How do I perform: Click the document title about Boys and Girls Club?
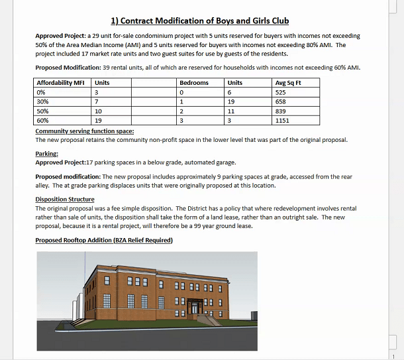click(x=200, y=21)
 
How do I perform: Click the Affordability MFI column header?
click(x=60, y=83)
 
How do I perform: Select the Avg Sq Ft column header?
click(x=288, y=83)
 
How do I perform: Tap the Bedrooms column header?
click(x=194, y=83)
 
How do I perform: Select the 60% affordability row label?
click(x=43, y=121)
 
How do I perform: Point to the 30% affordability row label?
click(x=43, y=101)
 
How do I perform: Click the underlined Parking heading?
click(x=46, y=154)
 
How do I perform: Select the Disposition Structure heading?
click(x=65, y=199)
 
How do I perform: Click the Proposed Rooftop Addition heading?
click(x=104, y=240)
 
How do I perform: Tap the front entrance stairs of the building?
click(x=208, y=320)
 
